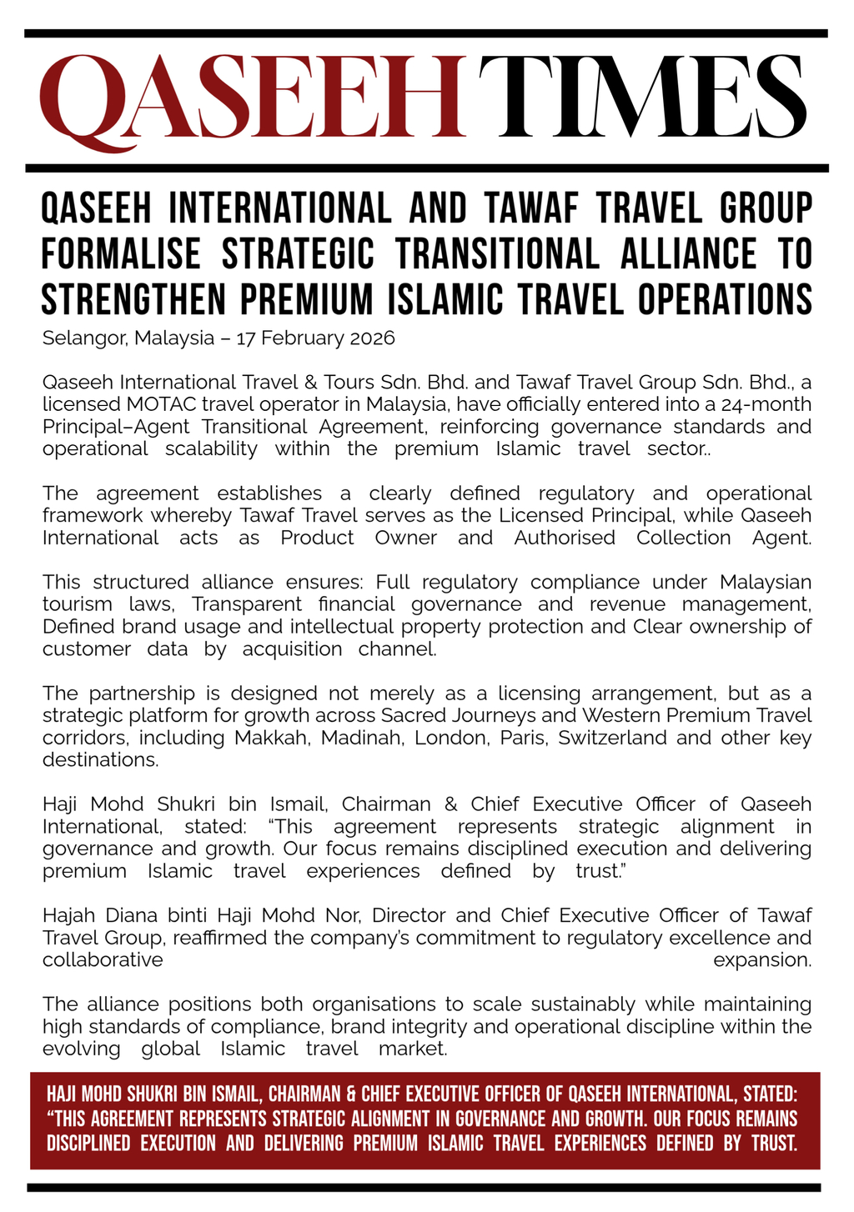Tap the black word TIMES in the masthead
tap(642, 97)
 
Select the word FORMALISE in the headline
tap(121, 254)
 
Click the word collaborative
tap(103, 959)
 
